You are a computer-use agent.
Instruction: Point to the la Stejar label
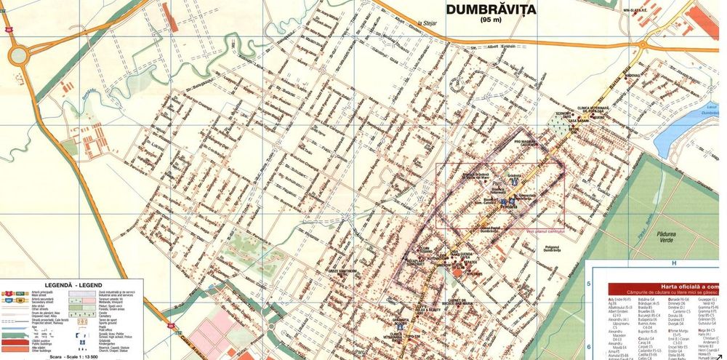point(430,23)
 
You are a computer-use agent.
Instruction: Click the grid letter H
point(674,263)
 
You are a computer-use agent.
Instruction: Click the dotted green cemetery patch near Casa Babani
point(560,126)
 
